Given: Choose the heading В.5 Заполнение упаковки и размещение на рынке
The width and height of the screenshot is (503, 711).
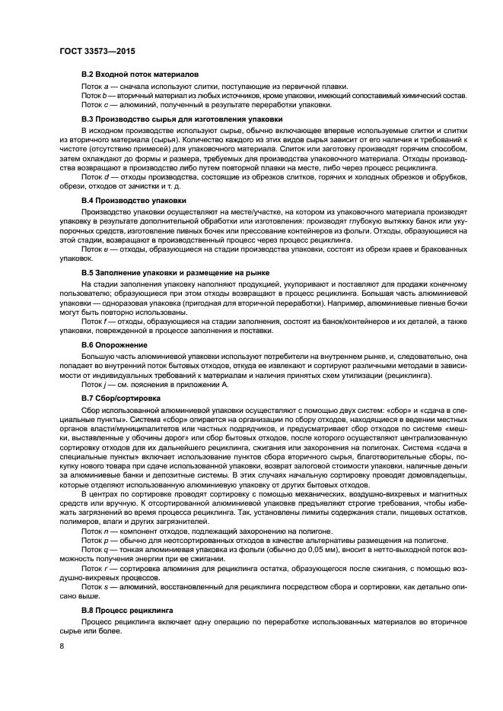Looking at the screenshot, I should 177,271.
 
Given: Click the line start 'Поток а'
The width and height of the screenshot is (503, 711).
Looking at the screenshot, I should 95,86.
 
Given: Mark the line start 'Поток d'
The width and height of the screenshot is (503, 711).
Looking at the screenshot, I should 95,176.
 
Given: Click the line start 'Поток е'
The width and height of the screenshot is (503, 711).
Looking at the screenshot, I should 95,248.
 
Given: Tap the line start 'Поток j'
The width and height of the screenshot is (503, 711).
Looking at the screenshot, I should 94,384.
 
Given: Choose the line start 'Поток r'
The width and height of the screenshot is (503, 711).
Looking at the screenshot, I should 94,567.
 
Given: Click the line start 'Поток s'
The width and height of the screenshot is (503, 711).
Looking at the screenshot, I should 95,587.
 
